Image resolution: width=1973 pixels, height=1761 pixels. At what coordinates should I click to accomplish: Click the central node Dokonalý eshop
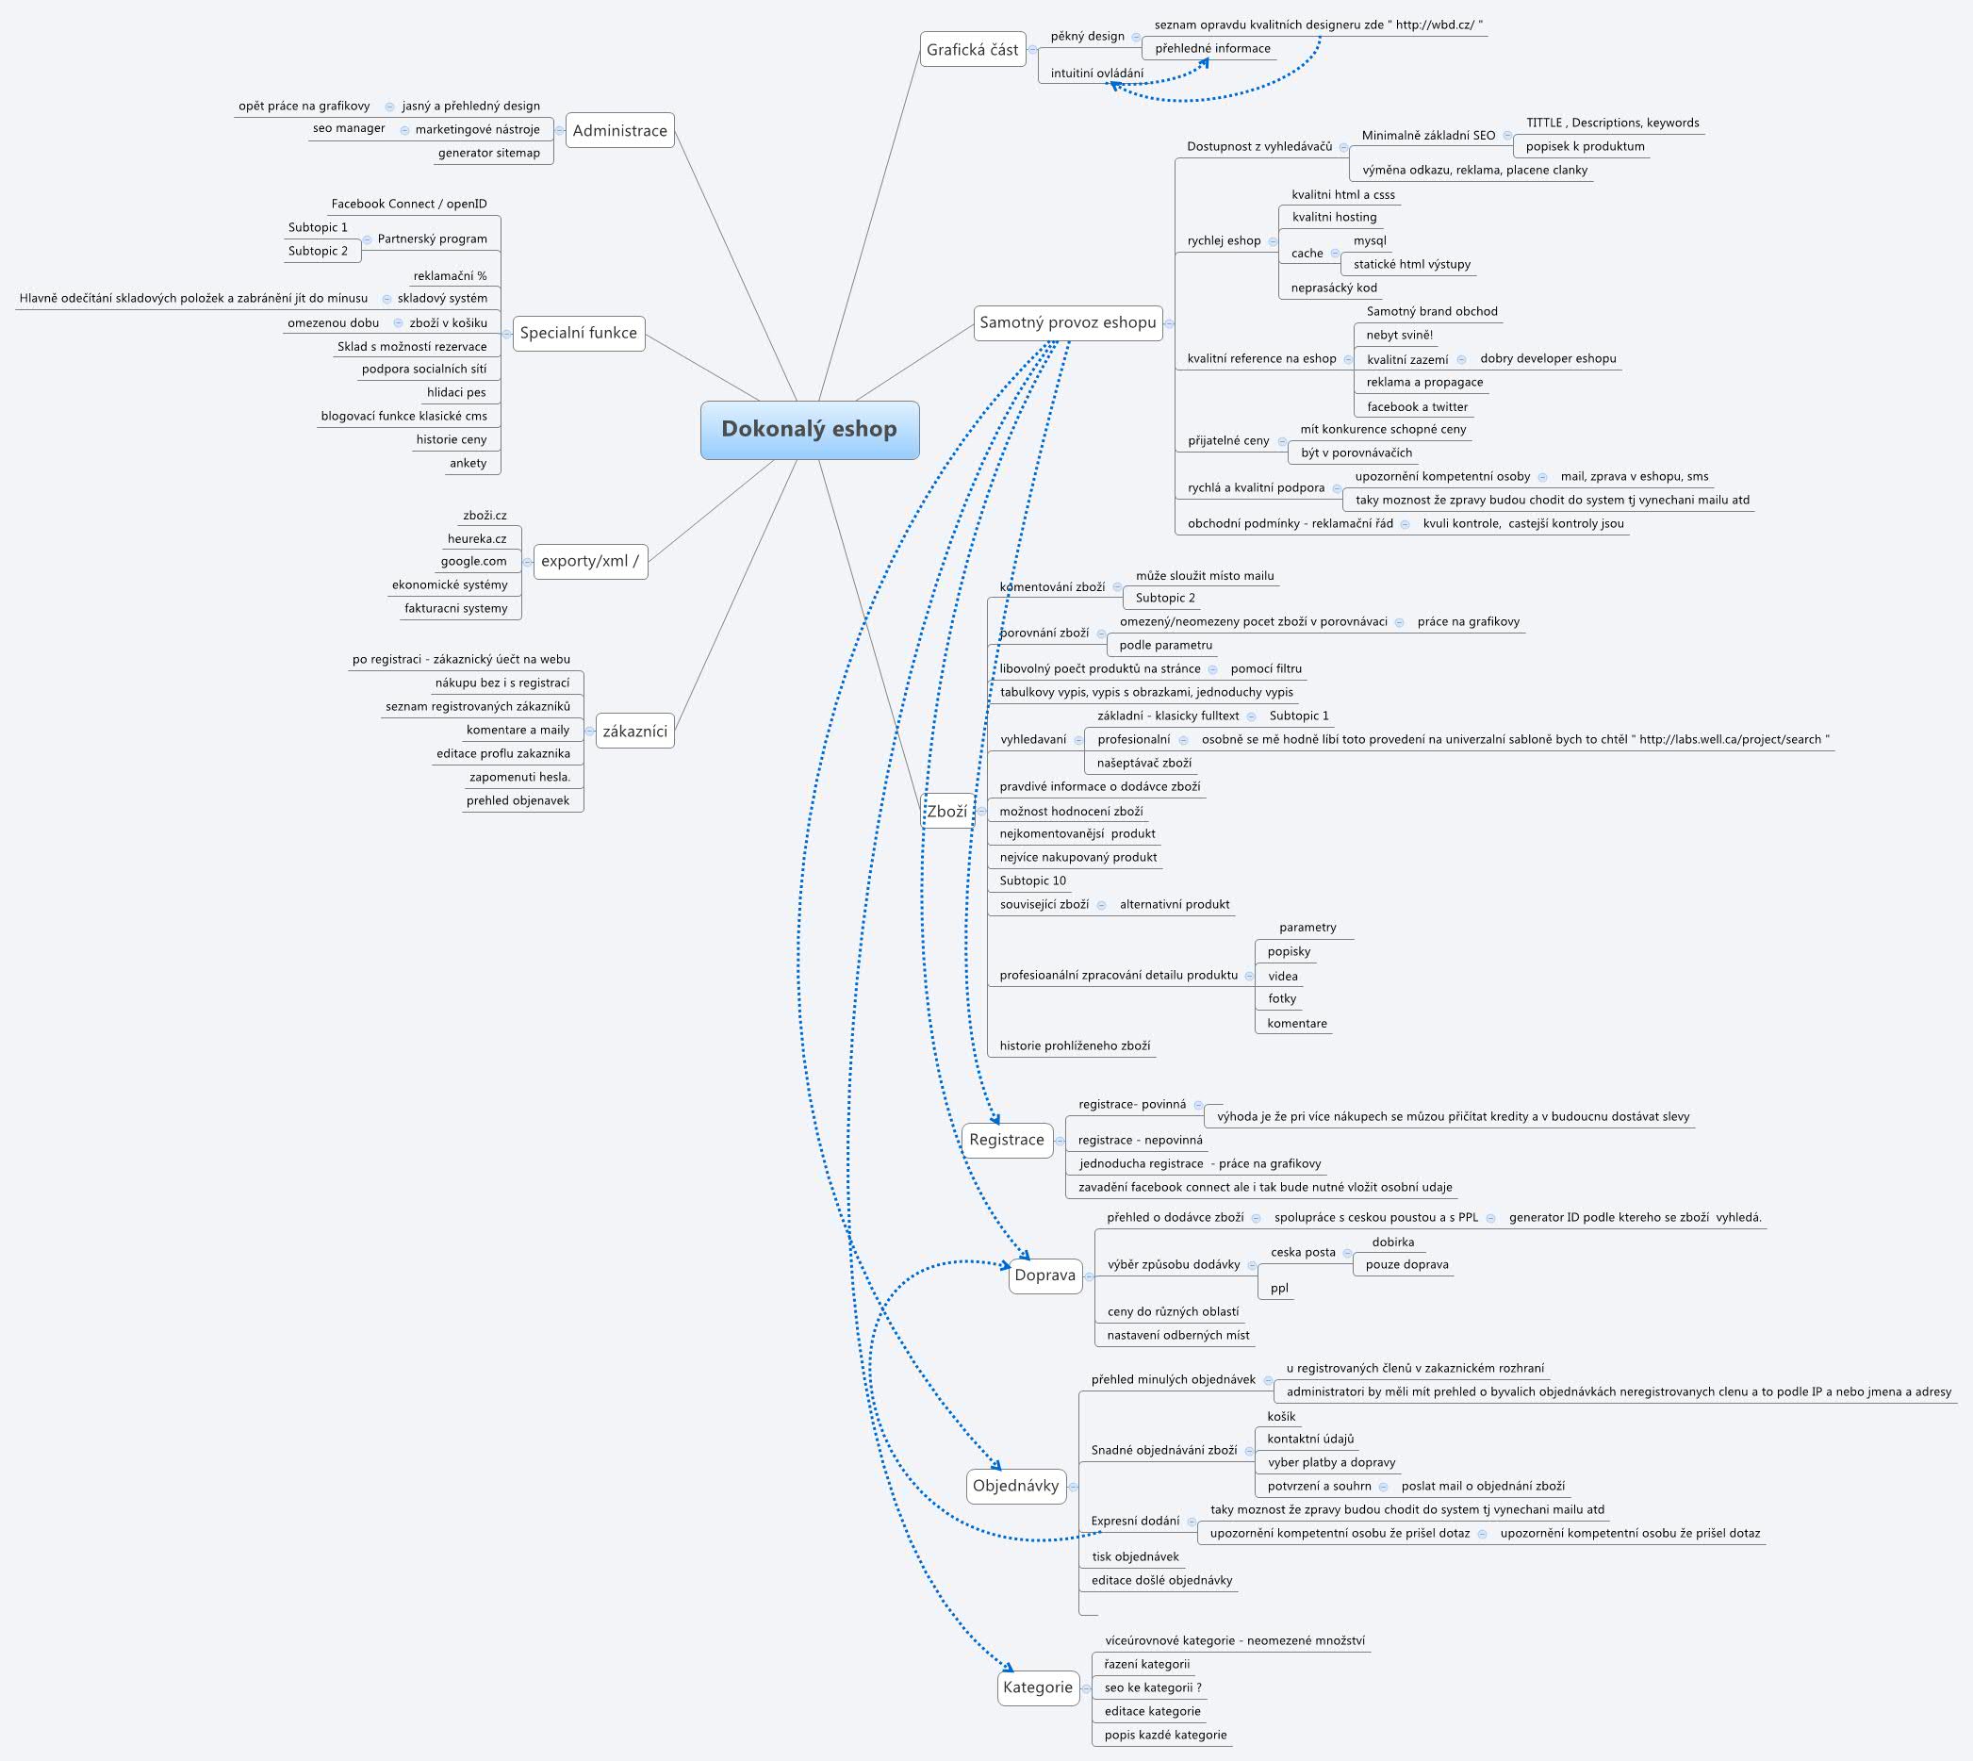coord(809,430)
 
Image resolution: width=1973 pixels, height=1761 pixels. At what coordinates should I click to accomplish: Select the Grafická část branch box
coord(973,49)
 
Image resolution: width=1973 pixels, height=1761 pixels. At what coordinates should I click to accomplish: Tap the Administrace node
coord(619,131)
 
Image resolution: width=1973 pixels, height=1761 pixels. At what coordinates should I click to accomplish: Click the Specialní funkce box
coord(579,333)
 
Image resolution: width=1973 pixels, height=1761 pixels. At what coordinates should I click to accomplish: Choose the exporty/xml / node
coord(589,561)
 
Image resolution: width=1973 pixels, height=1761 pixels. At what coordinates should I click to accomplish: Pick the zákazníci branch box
coord(634,731)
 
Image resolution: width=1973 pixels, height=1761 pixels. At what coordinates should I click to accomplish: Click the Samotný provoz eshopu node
coord(1067,322)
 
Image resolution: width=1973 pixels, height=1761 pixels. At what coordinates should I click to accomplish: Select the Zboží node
coord(946,811)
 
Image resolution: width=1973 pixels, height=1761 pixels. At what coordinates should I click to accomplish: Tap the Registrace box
coord(1007,1140)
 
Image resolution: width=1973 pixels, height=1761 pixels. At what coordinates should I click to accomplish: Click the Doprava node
coord(1044,1275)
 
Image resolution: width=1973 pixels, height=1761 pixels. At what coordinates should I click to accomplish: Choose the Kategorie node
coord(1037,1687)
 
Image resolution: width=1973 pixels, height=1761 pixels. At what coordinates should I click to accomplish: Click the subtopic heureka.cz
coord(476,539)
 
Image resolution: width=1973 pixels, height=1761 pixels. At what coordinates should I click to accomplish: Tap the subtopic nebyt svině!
coord(1399,335)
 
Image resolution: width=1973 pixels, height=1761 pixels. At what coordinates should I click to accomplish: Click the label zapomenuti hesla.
coord(519,777)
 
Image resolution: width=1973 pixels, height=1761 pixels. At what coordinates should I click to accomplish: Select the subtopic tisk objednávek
coord(1135,1556)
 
